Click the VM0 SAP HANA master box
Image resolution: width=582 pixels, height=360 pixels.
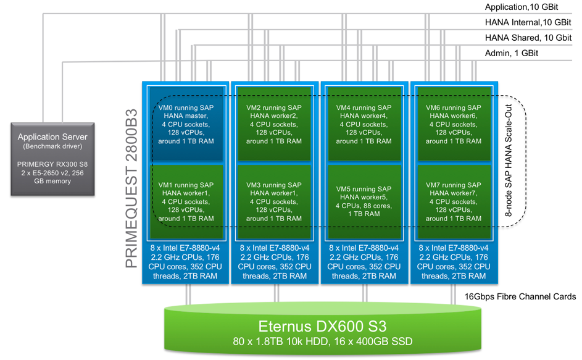click(x=186, y=123)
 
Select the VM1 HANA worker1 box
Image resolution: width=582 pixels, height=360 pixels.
click(x=186, y=201)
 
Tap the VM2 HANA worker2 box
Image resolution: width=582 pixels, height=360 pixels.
click(x=275, y=123)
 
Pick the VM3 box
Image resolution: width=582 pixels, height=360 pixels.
click(x=275, y=201)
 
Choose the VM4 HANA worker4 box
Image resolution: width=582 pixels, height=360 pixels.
click(x=364, y=123)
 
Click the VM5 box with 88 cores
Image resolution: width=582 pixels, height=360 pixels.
click(x=364, y=201)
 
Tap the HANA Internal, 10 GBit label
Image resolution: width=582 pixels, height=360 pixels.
click(x=528, y=23)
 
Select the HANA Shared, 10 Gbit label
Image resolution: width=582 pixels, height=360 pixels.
click(x=528, y=38)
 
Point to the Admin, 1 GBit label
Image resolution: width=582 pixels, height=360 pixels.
click(x=512, y=53)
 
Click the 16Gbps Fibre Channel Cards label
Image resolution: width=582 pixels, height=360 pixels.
click(x=520, y=297)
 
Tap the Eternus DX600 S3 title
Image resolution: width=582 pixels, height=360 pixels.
click(x=323, y=327)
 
